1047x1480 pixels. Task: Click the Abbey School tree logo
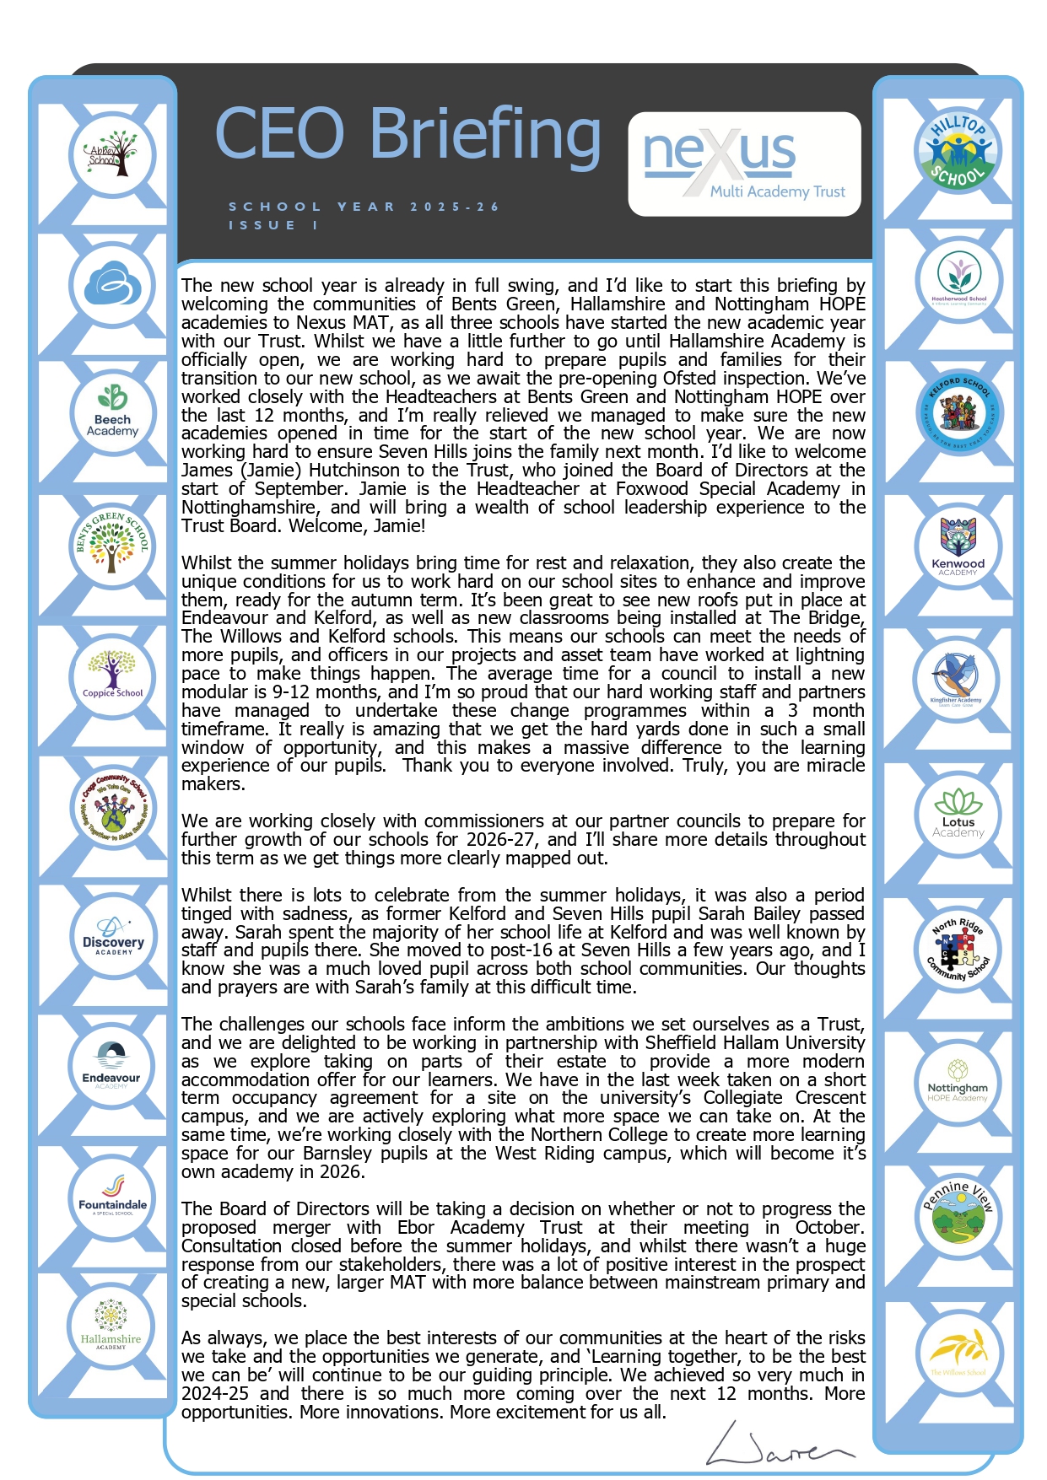[112, 154]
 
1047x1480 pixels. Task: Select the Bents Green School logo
[112, 546]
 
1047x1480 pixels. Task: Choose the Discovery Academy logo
[112, 936]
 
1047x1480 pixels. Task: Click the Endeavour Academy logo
[111, 1067]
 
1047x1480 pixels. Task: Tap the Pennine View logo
[958, 1214]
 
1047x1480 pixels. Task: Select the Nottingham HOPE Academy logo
[958, 1082]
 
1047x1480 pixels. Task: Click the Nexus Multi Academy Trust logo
[744, 164]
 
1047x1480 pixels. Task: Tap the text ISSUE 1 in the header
[273, 225]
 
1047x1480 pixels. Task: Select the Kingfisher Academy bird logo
[957, 679]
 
